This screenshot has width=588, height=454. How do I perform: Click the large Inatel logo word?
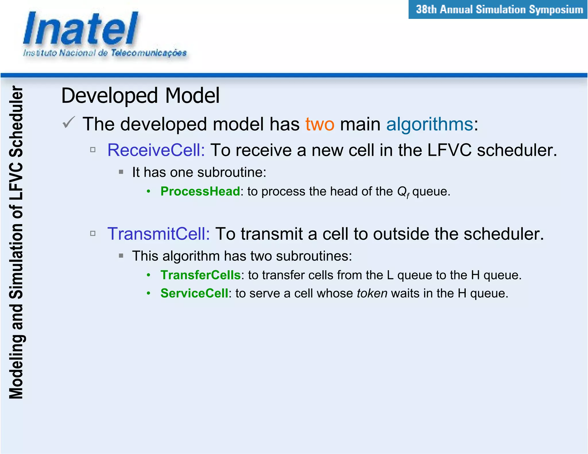coord(80,29)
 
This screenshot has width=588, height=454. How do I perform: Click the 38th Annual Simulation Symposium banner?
coord(499,9)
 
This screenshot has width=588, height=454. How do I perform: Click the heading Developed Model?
coord(140,96)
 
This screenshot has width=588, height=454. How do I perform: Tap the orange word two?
coord(320,124)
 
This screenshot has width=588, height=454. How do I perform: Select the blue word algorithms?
coord(430,124)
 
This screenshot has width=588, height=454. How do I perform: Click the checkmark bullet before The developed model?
coord(69,123)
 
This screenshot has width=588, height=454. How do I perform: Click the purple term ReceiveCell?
coord(156,150)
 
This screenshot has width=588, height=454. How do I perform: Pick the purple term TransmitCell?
coord(158,234)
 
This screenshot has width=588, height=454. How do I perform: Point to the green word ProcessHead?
coord(200,191)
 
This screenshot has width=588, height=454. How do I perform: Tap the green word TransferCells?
coord(200,275)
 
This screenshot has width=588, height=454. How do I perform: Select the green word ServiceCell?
coord(194,293)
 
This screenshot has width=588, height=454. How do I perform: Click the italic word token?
coord(372,293)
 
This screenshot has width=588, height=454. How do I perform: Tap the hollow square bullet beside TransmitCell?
coord(93,233)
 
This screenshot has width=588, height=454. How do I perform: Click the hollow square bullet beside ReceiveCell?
coord(93,150)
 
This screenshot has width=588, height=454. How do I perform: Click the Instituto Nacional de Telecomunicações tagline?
coord(105,53)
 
